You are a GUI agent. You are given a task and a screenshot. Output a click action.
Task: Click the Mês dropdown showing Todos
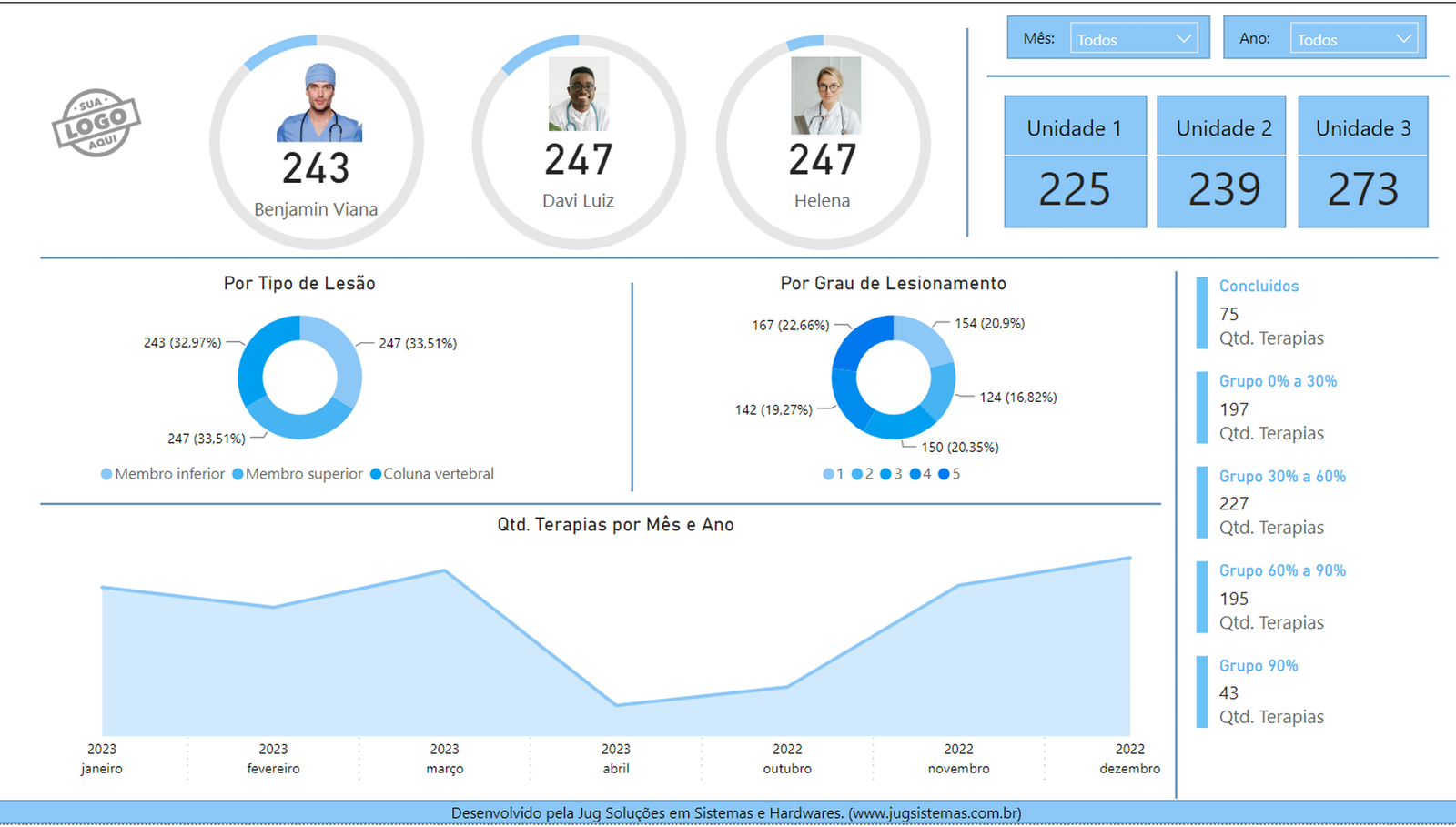pos(1133,38)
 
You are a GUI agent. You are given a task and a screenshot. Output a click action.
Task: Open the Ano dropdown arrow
pos(1403,38)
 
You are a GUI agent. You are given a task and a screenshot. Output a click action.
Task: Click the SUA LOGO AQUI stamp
pos(96,123)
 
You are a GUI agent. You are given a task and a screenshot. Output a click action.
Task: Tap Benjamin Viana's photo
pos(319,103)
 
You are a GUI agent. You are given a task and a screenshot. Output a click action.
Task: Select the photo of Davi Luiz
pos(579,95)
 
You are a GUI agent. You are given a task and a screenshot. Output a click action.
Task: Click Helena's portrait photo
pos(825,96)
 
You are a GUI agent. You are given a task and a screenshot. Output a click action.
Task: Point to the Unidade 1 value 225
pos(1075,190)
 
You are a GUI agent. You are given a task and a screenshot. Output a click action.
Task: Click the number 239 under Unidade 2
pos(1224,190)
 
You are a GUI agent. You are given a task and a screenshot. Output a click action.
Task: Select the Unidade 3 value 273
pos(1362,190)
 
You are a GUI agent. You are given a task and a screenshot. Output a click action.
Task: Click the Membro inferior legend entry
pos(164,474)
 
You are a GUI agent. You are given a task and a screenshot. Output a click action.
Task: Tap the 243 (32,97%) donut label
pos(182,342)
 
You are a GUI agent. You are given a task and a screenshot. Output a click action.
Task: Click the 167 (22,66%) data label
pos(791,325)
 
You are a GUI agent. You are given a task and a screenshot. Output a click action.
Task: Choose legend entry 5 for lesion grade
pos(950,474)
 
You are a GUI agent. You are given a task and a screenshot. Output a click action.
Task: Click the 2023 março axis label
pos(444,759)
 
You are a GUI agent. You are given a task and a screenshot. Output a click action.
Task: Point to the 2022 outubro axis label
pos(787,759)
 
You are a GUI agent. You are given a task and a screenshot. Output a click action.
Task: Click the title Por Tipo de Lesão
pos(299,283)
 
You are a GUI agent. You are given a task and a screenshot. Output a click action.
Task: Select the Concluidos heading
pos(1259,286)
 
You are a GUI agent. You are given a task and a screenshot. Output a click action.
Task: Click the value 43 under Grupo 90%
pos(1228,693)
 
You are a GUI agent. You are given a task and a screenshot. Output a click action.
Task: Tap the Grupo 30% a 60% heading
pos(1282,476)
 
